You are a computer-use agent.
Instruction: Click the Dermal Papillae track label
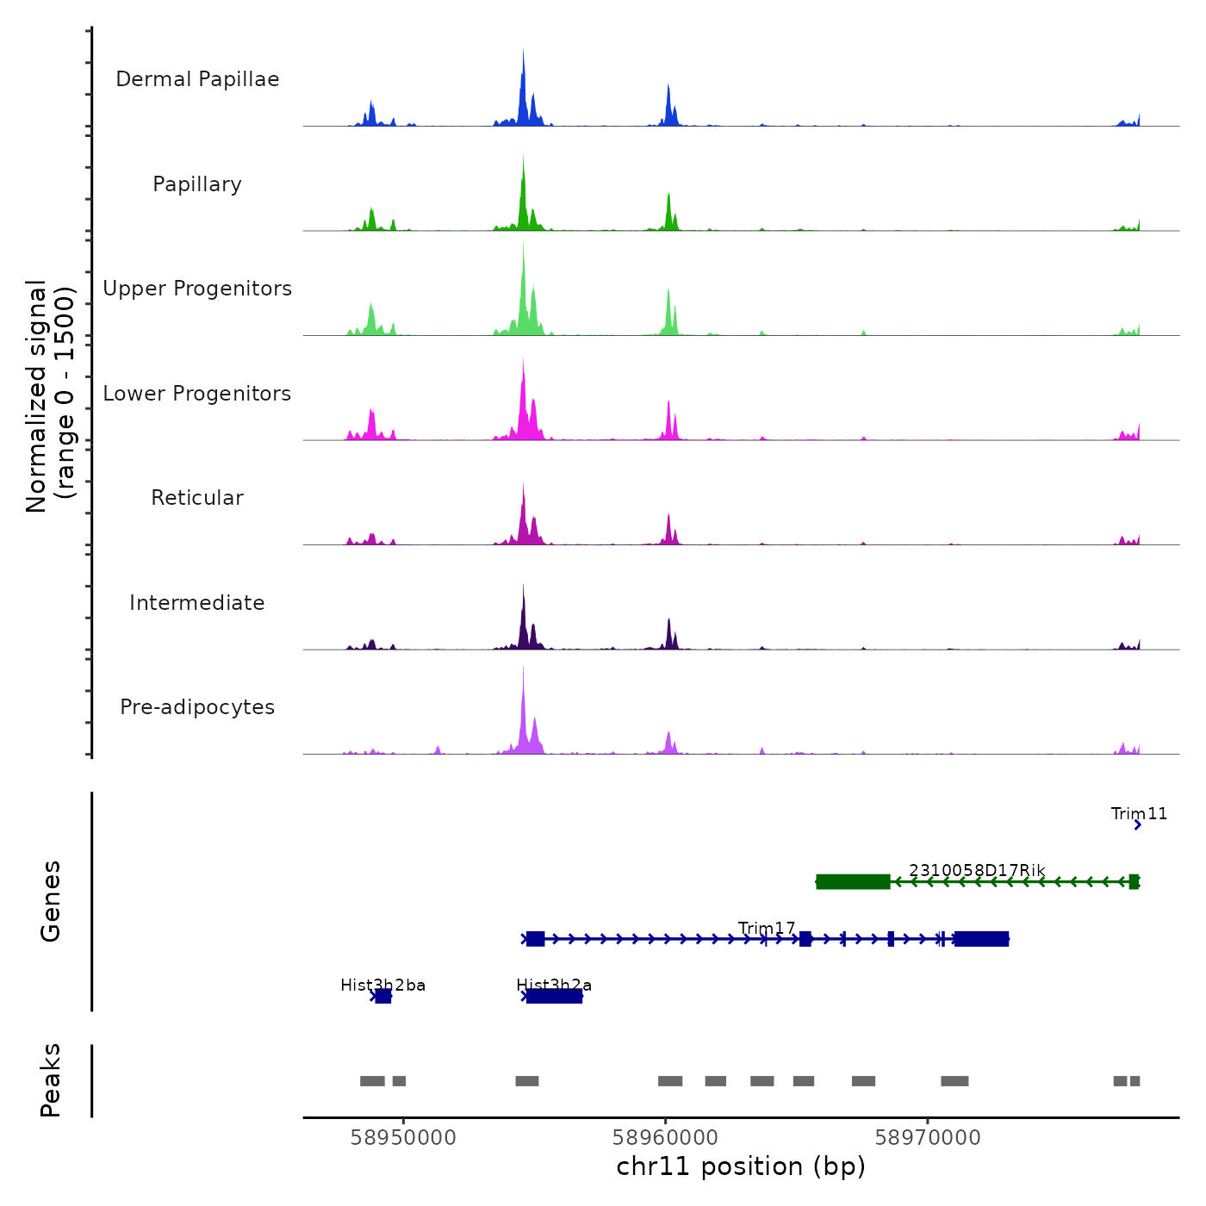point(197,79)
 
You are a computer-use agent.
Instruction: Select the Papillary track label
point(197,184)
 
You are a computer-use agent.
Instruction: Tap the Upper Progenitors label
point(197,289)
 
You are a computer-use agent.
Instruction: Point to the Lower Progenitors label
point(197,394)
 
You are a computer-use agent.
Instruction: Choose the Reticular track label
point(197,498)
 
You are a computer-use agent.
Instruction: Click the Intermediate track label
point(197,603)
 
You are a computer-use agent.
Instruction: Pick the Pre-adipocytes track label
point(197,707)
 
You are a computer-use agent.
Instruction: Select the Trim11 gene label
point(1139,814)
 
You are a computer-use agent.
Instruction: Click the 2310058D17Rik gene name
point(977,870)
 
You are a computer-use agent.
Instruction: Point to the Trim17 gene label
point(767,928)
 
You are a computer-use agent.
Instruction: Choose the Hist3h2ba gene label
point(382,985)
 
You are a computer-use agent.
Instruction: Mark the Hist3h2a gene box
point(554,997)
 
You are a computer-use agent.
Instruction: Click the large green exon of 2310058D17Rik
point(853,881)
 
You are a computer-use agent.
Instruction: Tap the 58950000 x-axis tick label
point(403,1137)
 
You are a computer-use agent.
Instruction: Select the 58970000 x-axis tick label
point(928,1137)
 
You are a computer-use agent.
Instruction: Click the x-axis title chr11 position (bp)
point(741,1166)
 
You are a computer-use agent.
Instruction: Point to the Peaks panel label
point(51,1080)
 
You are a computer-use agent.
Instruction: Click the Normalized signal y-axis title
point(51,396)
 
